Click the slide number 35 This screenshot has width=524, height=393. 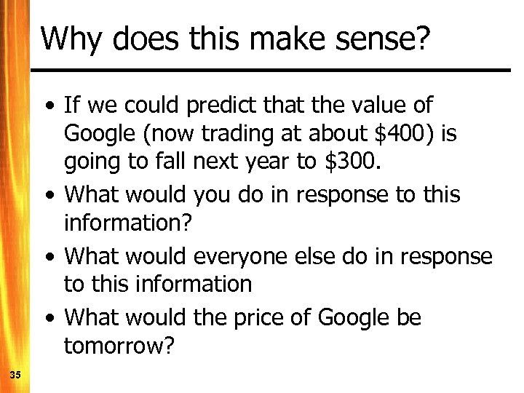point(15,375)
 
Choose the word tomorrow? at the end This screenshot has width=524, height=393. point(119,346)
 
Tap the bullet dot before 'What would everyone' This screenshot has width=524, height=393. point(48,258)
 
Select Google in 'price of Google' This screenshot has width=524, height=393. point(354,318)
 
